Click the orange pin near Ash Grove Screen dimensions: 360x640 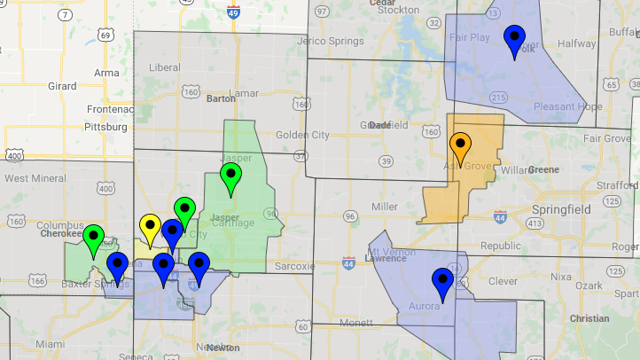[460, 145]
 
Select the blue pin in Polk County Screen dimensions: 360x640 [514, 40]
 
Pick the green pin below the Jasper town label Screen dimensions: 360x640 [230, 177]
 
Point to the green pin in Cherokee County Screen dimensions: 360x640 [93, 239]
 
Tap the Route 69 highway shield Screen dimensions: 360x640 [105, 35]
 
